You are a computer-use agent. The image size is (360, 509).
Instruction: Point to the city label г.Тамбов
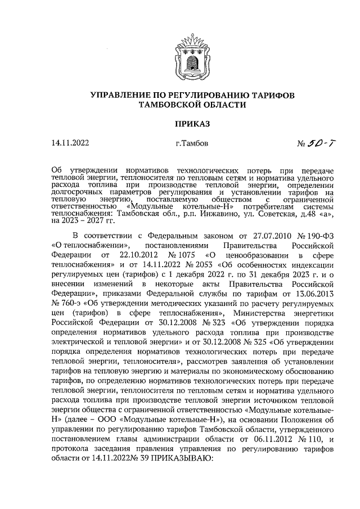click(x=191, y=143)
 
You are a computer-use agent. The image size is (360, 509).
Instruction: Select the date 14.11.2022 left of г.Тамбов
click(x=70, y=143)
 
